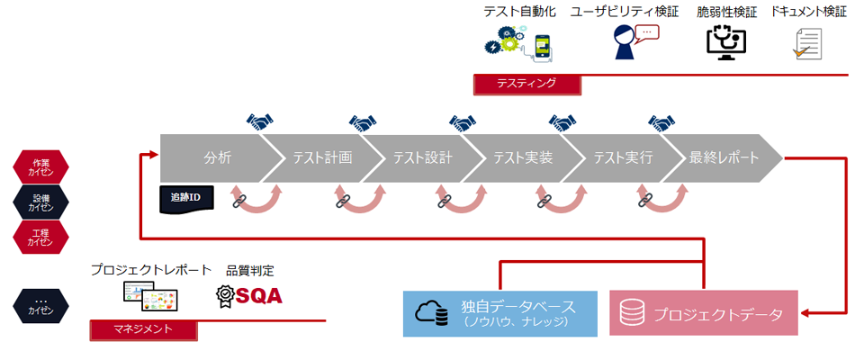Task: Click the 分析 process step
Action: point(217,157)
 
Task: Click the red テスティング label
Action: point(526,84)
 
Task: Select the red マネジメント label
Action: point(143,329)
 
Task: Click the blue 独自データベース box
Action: point(499,312)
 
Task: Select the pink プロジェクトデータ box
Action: point(703,313)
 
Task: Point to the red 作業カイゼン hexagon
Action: point(40,166)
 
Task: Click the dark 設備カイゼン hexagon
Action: point(40,201)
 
